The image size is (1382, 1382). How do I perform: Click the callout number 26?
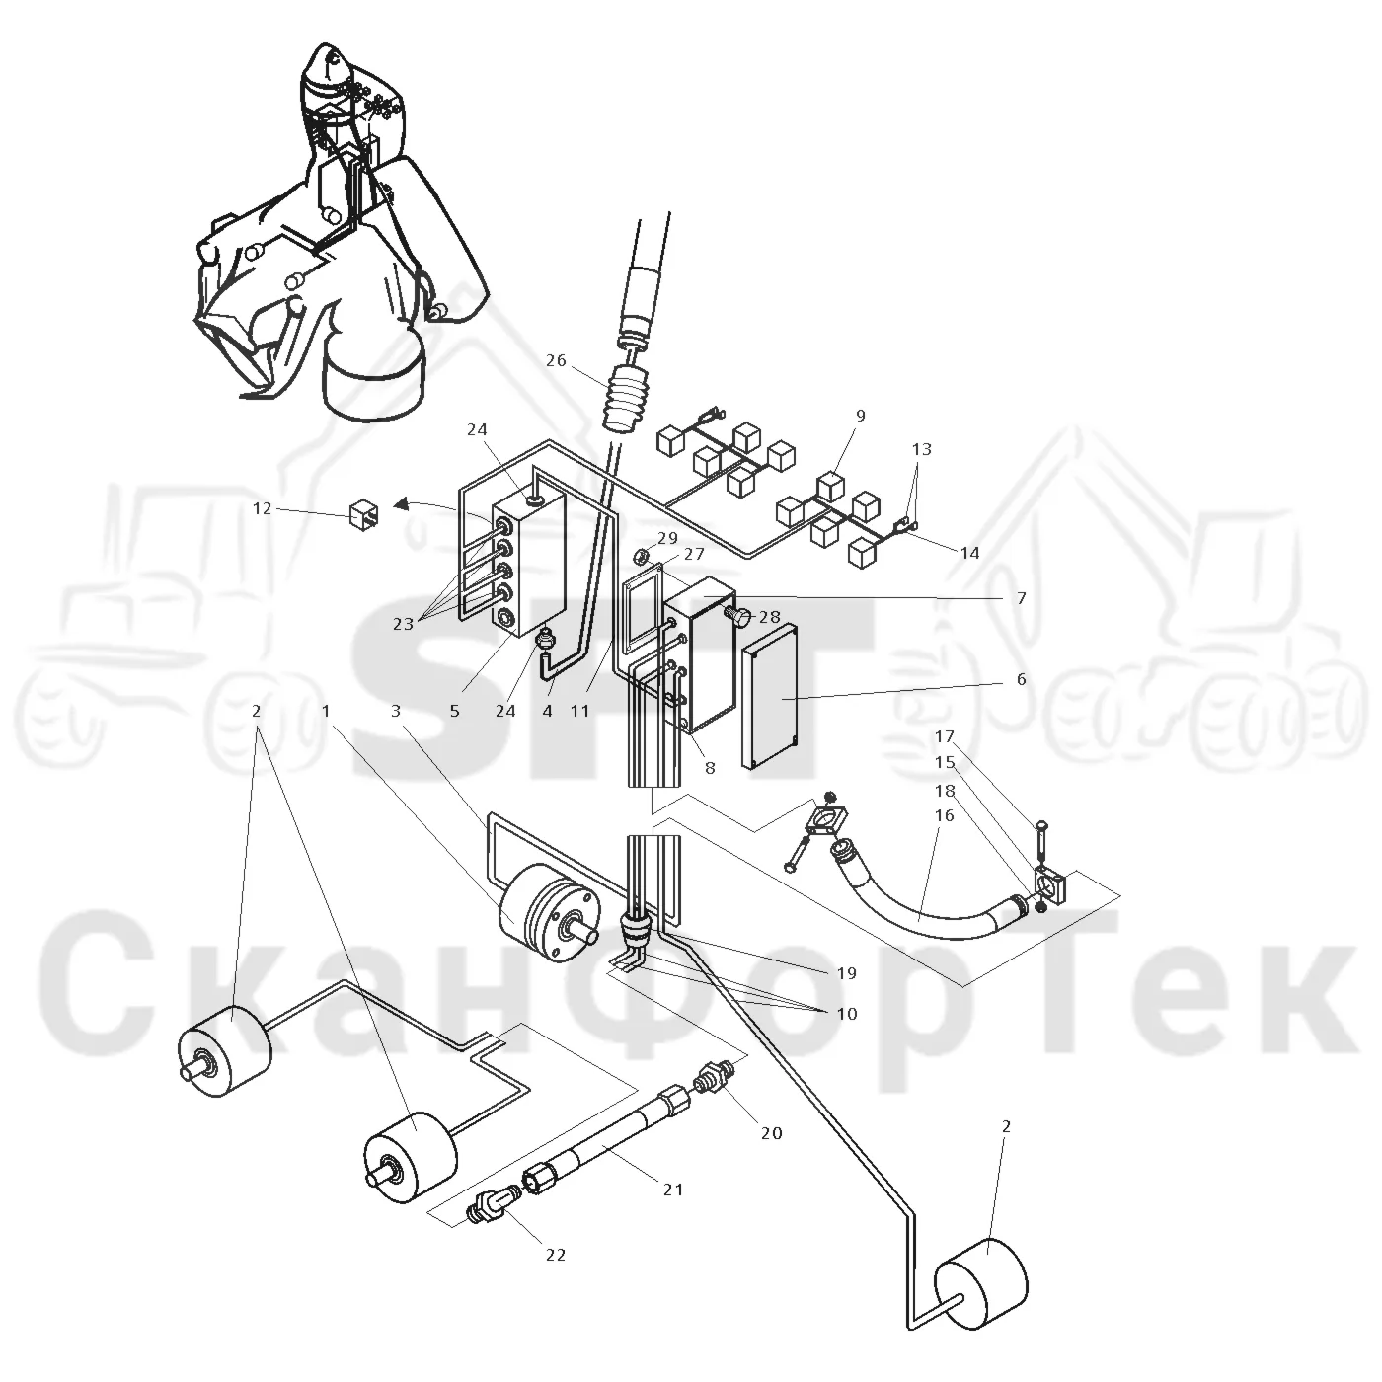(556, 360)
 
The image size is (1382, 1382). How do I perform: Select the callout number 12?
(262, 508)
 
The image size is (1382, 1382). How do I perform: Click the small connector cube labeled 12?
(363, 515)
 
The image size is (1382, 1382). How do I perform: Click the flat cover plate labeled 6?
(770, 697)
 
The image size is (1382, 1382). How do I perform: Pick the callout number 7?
(1022, 597)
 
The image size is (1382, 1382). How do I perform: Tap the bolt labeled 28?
(738, 616)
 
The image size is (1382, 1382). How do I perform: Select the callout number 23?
(403, 624)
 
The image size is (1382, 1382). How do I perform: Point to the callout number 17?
(945, 735)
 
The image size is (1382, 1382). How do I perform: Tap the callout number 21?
(672, 1190)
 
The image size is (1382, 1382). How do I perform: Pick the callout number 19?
(846, 973)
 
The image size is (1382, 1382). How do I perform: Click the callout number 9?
(861, 416)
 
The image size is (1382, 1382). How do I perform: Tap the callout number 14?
(969, 553)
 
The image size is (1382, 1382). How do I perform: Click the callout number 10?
(846, 1014)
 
